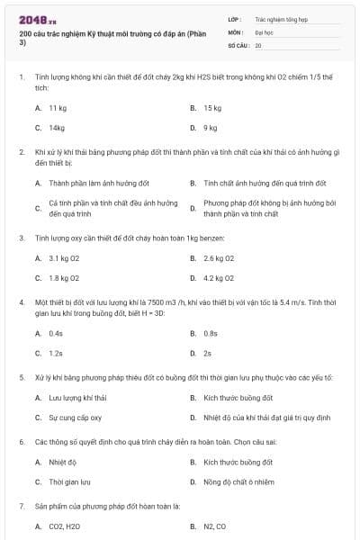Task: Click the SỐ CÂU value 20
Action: click(x=258, y=44)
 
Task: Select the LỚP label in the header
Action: click(x=234, y=18)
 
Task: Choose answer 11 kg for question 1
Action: click(x=58, y=107)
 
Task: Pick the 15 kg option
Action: click(x=212, y=107)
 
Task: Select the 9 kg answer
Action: click(x=211, y=128)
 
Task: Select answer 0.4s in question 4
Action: click(x=56, y=333)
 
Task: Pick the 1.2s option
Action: click(x=56, y=354)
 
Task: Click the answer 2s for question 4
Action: click(x=208, y=354)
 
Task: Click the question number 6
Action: click(x=21, y=443)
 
